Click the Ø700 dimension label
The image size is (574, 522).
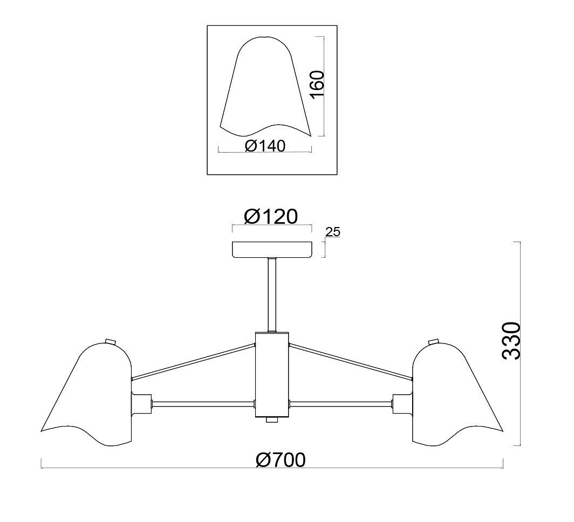[281, 460]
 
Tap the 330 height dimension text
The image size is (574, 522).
[511, 341]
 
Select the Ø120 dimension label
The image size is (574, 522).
[270, 217]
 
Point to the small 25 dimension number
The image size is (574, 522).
[333, 231]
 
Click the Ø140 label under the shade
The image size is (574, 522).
[265, 146]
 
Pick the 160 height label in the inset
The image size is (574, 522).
[317, 84]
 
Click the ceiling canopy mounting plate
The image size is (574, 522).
[272, 250]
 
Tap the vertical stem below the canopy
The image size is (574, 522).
[272, 295]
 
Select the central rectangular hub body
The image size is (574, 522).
[272, 374]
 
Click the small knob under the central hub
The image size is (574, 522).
[272, 420]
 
